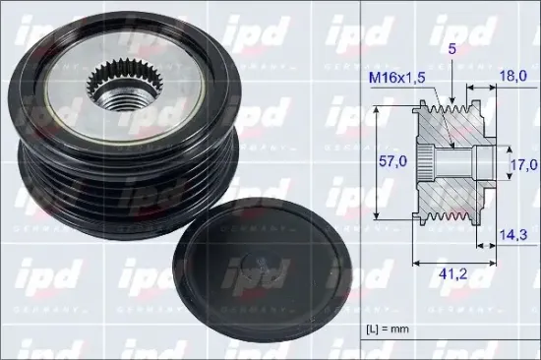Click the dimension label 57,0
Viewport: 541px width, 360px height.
point(393,161)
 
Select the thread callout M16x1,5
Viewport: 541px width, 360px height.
point(396,78)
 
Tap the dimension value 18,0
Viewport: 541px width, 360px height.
point(513,76)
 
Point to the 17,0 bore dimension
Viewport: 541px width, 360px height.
point(524,164)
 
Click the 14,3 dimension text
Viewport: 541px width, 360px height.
point(513,235)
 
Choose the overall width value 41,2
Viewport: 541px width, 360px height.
point(453,273)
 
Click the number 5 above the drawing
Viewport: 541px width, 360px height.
point(452,49)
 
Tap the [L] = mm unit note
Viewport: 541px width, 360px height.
point(388,329)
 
